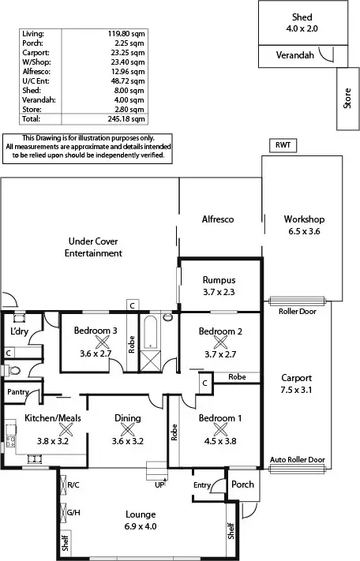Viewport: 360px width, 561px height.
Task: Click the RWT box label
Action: [x=283, y=146]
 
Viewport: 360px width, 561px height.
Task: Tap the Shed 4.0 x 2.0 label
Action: [x=302, y=23]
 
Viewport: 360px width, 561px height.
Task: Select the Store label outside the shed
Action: [x=347, y=99]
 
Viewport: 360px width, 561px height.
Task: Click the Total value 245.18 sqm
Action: [x=127, y=121]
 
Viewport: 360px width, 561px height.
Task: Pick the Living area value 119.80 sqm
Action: [x=127, y=35]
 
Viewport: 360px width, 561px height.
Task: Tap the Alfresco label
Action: [x=219, y=219]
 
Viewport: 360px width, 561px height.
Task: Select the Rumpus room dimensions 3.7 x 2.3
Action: [x=219, y=291]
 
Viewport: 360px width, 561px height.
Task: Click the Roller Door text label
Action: [x=297, y=312]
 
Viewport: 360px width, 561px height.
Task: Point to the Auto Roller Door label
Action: [x=297, y=459]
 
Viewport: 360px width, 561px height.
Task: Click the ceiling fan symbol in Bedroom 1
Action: [x=220, y=429]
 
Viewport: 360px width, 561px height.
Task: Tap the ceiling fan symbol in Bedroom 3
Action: [x=102, y=342]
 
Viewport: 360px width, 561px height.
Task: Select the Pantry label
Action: [x=17, y=392]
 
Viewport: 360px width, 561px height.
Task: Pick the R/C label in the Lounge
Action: [x=73, y=484]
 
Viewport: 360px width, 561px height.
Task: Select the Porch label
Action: [x=242, y=484]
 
